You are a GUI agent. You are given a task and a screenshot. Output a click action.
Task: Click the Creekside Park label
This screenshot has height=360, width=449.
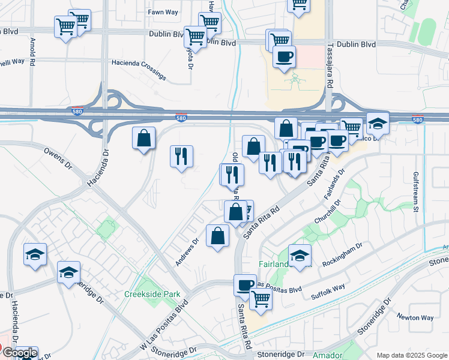152,295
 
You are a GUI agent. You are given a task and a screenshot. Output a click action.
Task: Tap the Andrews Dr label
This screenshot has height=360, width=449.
187,252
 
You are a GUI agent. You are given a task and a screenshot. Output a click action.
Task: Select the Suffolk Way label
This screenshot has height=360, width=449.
328,292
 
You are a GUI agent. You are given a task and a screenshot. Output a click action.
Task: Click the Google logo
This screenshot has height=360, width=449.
20,353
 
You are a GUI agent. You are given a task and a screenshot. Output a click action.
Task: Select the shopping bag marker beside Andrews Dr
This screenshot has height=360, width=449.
217,235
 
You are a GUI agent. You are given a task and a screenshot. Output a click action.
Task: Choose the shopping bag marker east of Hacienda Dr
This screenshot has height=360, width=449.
144,138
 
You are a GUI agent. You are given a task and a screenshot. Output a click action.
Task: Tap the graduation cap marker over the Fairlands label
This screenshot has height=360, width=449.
300,254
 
